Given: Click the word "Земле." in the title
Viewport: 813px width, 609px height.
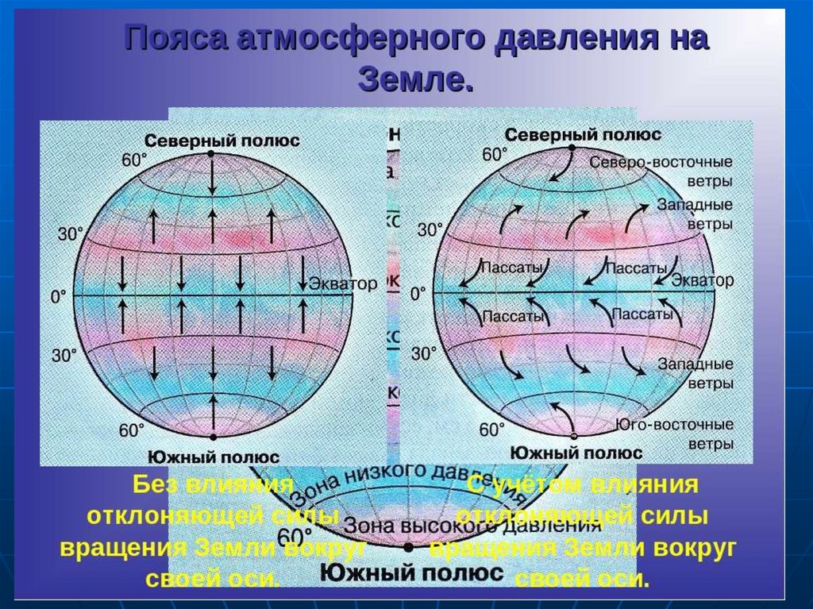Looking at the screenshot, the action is [x=415, y=79].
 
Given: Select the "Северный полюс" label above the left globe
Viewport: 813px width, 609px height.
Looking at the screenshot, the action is [x=211, y=141].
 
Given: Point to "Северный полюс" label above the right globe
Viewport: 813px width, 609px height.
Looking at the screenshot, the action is [x=573, y=135].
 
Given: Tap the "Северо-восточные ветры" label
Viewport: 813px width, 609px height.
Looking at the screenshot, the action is [x=661, y=171].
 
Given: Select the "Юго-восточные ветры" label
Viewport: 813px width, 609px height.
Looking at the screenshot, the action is [x=674, y=434].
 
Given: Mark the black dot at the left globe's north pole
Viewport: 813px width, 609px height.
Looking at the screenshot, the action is [x=211, y=154].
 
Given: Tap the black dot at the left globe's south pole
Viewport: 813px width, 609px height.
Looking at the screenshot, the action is [x=211, y=437].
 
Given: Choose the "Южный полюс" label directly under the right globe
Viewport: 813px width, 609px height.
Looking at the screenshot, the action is [x=576, y=453].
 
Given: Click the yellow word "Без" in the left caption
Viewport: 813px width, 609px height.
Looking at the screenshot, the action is [x=151, y=484].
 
